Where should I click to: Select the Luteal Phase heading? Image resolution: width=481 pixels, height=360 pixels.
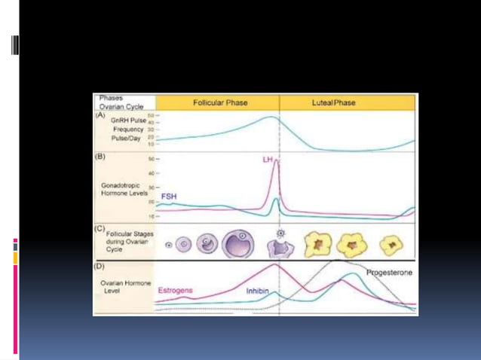point(332,102)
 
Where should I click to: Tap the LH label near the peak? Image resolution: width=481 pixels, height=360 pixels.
point(268,160)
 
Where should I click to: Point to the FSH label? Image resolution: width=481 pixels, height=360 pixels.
point(169,196)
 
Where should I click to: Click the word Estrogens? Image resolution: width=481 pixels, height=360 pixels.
point(174,290)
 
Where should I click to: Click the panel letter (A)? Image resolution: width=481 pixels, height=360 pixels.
point(100,115)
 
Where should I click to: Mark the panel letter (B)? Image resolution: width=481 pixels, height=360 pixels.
point(100,157)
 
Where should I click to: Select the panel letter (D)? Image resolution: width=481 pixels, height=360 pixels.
point(100,265)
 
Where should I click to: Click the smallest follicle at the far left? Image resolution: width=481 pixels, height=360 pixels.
point(168,244)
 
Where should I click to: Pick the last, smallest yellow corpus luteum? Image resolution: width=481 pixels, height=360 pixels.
point(392,243)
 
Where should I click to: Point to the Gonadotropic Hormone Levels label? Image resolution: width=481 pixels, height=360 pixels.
point(124,188)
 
